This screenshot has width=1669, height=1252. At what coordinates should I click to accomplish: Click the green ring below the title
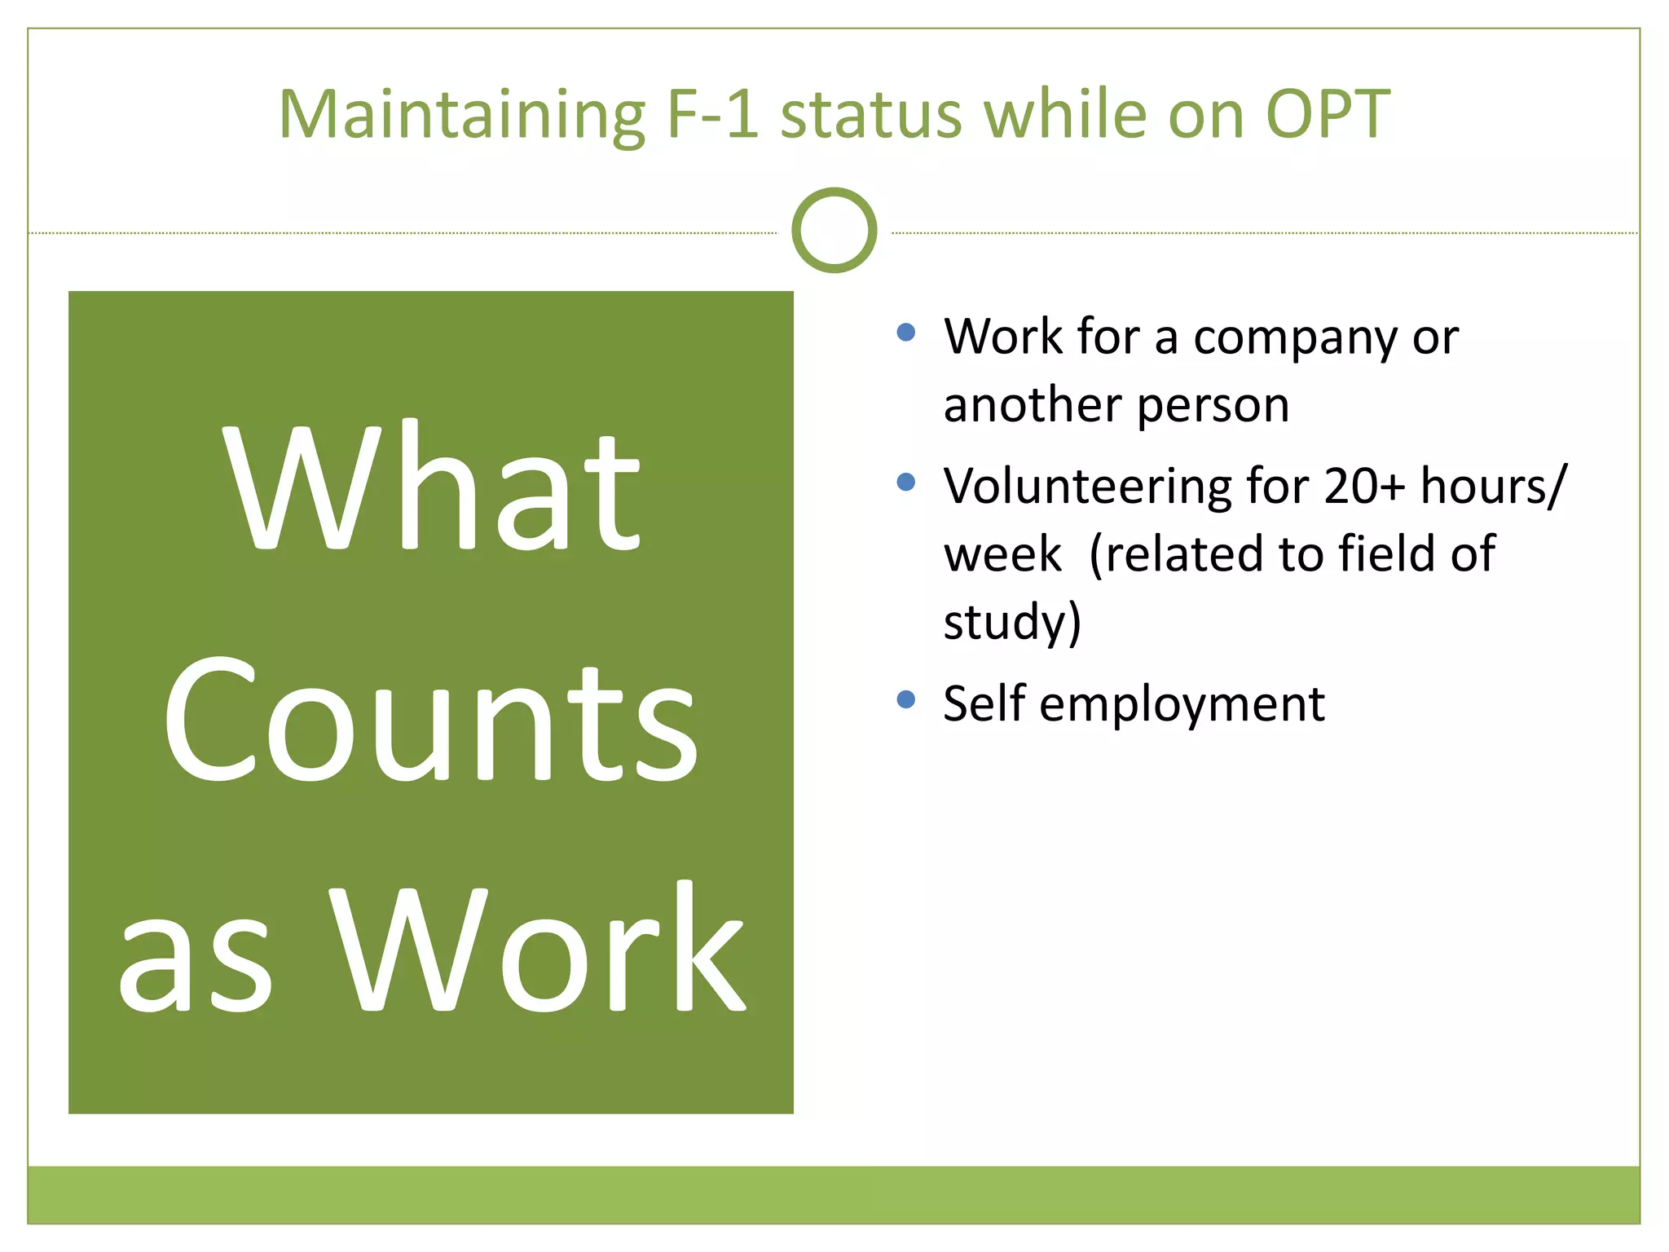pos(834,231)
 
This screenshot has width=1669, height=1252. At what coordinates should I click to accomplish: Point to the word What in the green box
pos(431,488)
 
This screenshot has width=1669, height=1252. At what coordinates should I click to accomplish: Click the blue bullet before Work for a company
pos(905,332)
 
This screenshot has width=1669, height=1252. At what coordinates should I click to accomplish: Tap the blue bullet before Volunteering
pos(905,482)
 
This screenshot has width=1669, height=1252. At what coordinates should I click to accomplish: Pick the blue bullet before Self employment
pos(905,699)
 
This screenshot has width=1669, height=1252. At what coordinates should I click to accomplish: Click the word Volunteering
pos(1087,487)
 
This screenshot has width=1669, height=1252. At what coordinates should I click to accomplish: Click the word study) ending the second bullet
pos(1012,623)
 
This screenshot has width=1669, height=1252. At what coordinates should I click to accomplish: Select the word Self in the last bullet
pos(983,703)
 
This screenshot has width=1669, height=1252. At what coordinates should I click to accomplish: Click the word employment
pos(1182,705)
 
